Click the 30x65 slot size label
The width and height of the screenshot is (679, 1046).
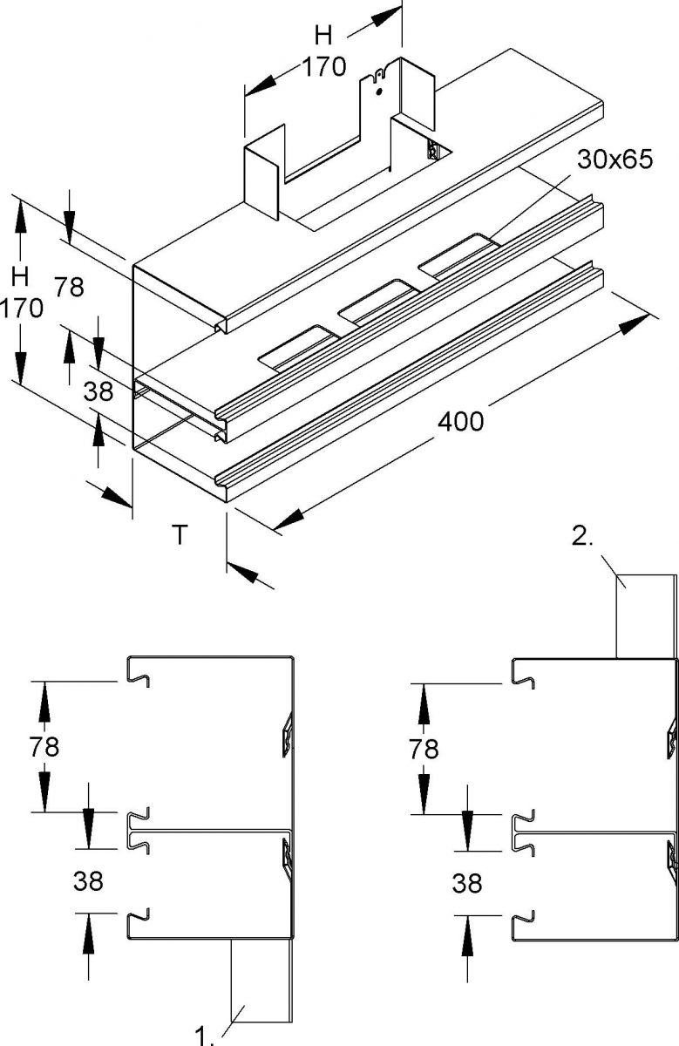pyautogui.click(x=614, y=161)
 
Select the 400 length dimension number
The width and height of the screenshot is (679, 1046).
pyautogui.click(x=460, y=422)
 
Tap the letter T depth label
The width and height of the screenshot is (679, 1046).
pyautogui.click(x=179, y=533)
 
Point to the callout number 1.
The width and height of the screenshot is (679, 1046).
pyautogui.click(x=204, y=1035)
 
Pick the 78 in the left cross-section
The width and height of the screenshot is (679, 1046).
pyautogui.click(x=44, y=746)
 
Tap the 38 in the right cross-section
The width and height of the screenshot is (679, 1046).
pyautogui.click(x=467, y=883)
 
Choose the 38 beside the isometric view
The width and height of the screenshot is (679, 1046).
pyautogui.click(x=98, y=391)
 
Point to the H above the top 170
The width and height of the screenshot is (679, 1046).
pyautogui.click(x=323, y=35)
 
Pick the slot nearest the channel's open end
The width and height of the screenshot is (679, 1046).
pyautogui.click(x=297, y=346)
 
